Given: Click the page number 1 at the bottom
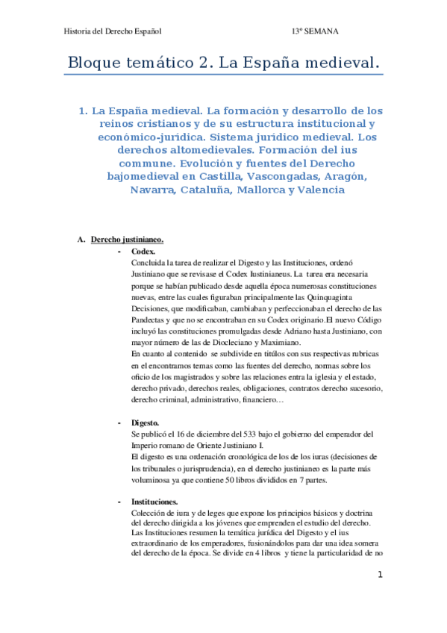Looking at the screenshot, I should pyautogui.click(x=380, y=575).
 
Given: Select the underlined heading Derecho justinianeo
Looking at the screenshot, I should pyautogui.click(x=127, y=240).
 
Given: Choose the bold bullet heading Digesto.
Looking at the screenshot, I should pyautogui.click(x=146, y=422).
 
